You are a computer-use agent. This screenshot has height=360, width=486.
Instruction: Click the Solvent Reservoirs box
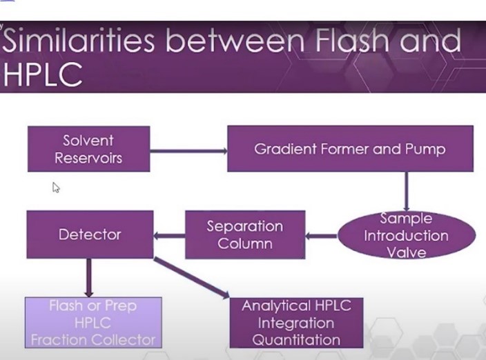click(88, 149)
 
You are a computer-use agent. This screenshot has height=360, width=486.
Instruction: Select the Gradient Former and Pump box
click(350, 148)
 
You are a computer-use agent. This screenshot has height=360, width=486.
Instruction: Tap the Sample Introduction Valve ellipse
click(407, 236)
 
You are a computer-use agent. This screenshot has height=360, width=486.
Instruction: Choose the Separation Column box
click(245, 234)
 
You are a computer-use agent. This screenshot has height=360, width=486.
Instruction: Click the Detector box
click(90, 234)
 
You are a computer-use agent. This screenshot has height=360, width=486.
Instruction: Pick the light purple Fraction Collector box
click(93, 323)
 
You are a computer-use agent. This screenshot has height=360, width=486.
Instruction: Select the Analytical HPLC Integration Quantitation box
click(296, 323)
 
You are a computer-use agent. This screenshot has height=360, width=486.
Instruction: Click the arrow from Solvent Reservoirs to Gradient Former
click(188, 151)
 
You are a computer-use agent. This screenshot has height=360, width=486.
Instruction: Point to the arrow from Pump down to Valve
click(407, 192)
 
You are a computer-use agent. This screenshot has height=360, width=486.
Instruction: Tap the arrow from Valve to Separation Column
click(322, 236)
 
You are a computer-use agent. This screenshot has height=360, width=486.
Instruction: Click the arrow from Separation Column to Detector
click(169, 236)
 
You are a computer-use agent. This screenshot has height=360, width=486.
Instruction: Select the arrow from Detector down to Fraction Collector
click(89, 278)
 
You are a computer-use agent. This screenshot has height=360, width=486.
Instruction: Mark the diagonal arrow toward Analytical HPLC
click(191, 278)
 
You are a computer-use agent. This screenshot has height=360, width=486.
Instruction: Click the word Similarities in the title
click(79, 40)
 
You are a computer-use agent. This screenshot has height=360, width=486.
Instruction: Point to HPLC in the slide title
click(43, 74)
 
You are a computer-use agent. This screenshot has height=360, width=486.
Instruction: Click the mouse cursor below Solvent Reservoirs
click(56, 188)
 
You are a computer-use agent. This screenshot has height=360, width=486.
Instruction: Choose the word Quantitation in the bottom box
click(296, 340)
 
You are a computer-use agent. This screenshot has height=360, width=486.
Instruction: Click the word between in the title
click(235, 40)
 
